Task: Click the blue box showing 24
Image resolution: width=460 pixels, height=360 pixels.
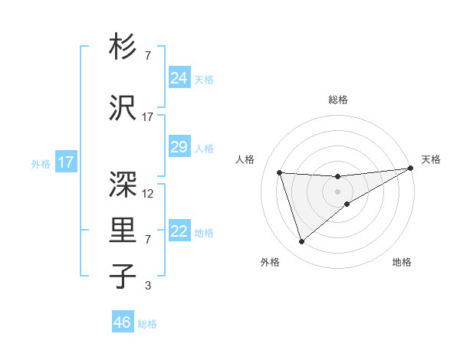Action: point(179,78)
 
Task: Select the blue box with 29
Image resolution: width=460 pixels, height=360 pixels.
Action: point(179,147)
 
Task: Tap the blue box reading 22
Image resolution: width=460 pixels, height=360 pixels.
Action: point(179,231)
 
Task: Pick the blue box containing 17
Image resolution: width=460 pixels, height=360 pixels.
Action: point(65,162)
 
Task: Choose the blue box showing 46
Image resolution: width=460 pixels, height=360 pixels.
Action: point(123,322)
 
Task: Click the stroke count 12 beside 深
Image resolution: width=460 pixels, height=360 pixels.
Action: point(148,194)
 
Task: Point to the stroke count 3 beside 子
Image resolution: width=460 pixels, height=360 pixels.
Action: point(148,286)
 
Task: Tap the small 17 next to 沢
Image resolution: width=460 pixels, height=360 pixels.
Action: point(148,117)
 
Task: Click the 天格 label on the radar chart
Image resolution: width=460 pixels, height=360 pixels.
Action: point(431,159)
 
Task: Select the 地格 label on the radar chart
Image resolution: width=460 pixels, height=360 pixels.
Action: point(402,262)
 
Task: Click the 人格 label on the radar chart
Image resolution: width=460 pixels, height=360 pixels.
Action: point(245,159)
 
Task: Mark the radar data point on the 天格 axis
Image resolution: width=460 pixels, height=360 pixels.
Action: point(411,169)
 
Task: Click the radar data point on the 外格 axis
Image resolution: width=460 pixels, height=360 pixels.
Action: point(301,242)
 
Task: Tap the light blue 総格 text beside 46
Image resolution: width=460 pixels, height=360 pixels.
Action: point(147,324)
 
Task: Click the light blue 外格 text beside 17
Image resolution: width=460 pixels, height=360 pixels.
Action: point(40,164)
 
